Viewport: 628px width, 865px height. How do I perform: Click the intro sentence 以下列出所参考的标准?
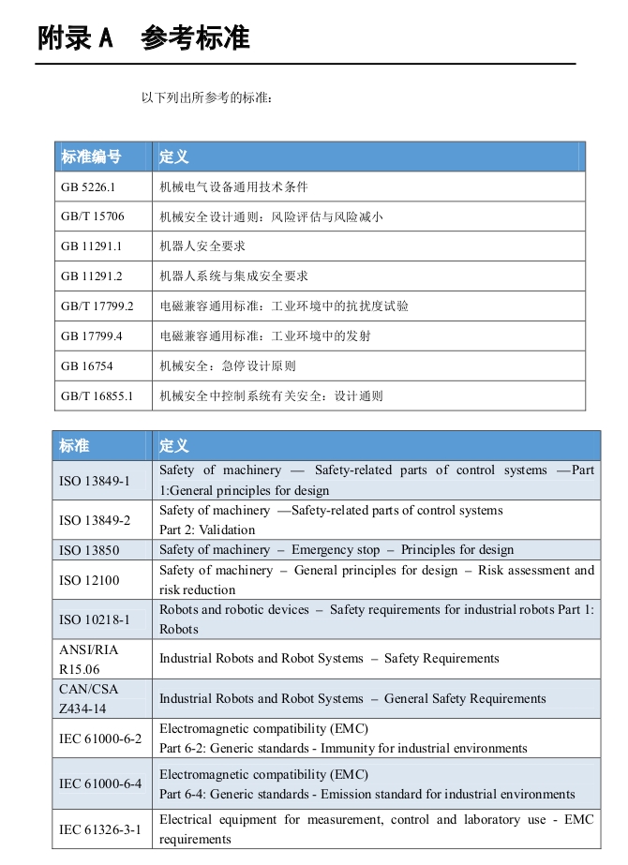pyautogui.click(x=206, y=97)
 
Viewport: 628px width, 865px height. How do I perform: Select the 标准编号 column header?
pyautogui.click(x=91, y=157)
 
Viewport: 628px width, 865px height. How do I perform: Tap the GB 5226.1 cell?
pyautogui.click(x=88, y=186)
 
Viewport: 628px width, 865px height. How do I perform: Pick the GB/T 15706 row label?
pyautogui.click(x=92, y=216)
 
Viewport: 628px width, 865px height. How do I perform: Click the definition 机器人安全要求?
pyautogui.click(x=202, y=246)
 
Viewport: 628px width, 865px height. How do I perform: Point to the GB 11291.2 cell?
pyautogui.click(x=92, y=276)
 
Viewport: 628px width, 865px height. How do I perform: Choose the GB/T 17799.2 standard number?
pyautogui.click(x=97, y=306)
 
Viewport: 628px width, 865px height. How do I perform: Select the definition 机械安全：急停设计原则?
pyautogui.click(x=228, y=365)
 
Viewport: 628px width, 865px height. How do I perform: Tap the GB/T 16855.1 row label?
pyautogui.click(x=97, y=395)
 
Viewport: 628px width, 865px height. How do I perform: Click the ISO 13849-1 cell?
pyautogui.click(x=95, y=481)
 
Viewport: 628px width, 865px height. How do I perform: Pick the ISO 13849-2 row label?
pyautogui.click(x=95, y=520)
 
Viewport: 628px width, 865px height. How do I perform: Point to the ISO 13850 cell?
pyautogui.click(x=89, y=550)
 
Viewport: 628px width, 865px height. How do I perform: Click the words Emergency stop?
pyautogui.click(x=336, y=550)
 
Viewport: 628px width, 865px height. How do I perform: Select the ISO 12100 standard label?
pyautogui.click(x=89, y=580)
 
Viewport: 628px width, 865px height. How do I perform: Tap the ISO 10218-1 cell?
pyautogui.click(x=95, y=619)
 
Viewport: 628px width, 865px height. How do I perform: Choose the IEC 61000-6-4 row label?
pyautogui.click(x=100, y=783)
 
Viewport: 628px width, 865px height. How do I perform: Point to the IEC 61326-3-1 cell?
pyautogui.click(x=100, y=829)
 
